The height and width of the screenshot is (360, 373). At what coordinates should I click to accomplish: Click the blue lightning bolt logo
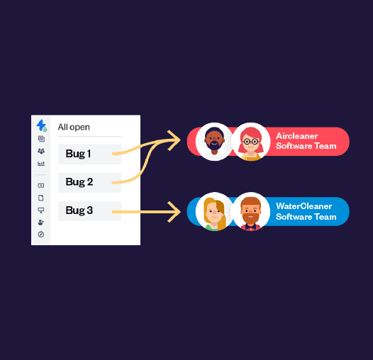click(x=41, y=125)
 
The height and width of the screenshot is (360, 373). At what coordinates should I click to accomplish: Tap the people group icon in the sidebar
click(x=41, y=151)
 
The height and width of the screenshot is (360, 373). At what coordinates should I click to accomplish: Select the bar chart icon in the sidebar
click(x=41, y=164)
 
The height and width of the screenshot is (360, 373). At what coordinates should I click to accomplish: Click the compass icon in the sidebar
click(x=41, y=235)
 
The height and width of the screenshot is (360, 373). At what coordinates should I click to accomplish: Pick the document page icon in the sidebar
click(x=41, y=198)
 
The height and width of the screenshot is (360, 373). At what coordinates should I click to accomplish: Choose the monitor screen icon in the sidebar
click(x=41, y=210)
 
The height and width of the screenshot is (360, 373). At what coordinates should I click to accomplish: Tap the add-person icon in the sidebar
click(x=41, y=223)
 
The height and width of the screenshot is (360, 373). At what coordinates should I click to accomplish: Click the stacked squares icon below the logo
click(x=41, y=139)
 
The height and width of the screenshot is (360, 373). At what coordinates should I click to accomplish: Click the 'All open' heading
click(x=74, y=128)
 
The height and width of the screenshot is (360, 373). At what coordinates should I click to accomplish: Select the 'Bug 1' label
click(x=78, y=154)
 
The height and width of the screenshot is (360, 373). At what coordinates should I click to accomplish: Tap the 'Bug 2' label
click(x=79, y=182)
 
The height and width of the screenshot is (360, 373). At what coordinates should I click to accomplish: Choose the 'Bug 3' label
click(x=79, y=210)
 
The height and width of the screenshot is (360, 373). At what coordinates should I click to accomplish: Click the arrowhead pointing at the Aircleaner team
click(x=174, y=140)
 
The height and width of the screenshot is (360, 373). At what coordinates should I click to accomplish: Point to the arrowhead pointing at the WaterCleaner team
click(x=174, y=212)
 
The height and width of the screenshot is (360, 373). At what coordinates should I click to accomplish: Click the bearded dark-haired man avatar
click(x=215, y=142)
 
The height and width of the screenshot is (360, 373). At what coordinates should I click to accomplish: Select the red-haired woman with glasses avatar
click(x=251, y=142)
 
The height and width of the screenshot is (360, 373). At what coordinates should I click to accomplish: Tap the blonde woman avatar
click(x=215, y=211)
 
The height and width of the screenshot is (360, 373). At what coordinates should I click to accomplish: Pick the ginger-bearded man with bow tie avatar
click(x=251, y=211)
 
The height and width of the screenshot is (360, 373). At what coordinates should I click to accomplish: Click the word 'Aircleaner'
click(x=297, y=136)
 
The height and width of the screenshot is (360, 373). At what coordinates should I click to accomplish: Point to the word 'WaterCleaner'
click(x=304, y=206)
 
